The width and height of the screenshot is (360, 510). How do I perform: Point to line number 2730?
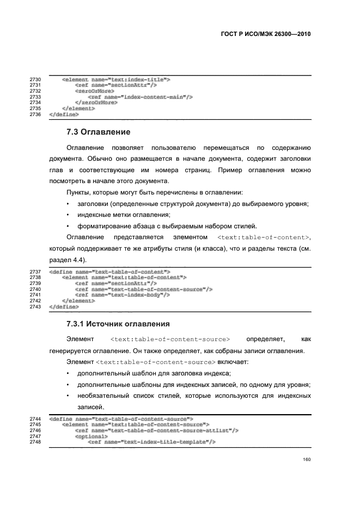[35, 80]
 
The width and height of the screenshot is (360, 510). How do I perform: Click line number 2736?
[35, 114]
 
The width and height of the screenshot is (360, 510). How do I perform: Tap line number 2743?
[35, 307]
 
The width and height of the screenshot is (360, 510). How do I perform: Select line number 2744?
[35, 418]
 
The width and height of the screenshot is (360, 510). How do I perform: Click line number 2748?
[35, 442]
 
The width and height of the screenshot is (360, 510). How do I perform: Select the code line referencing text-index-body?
[123, 295]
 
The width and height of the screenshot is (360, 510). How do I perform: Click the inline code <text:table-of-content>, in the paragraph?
[264, 238]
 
